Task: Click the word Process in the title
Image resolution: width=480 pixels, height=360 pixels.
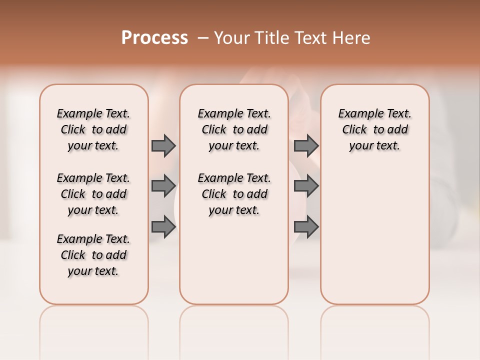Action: (154, 37)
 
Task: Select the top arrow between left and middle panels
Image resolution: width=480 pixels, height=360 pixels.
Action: (163, 145)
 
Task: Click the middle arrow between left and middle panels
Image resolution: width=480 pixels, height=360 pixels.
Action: (163, 186)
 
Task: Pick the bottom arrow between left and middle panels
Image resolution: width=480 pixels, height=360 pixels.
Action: (163, 226)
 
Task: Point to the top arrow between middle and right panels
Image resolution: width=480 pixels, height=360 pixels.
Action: (306, 145)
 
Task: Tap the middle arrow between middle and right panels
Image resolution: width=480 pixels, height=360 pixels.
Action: (306, 186)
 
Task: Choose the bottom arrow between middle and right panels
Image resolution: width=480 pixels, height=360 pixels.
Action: (306, 226)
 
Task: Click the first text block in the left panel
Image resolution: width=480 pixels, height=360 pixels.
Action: (93, 129)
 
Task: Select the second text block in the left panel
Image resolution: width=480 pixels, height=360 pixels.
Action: (93, 194)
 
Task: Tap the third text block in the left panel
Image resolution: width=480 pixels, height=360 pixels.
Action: (93, 255)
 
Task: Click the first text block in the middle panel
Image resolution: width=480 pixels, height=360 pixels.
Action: (234, 129)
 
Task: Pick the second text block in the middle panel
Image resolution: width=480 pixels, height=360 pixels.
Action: (234, 194)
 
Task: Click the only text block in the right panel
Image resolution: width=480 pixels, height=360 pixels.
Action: (375, 129)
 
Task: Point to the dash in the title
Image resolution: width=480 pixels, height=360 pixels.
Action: (203, 38)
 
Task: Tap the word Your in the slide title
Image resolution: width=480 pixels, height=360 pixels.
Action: (232, 38)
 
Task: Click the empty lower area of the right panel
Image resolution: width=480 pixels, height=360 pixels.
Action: (375, 240)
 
